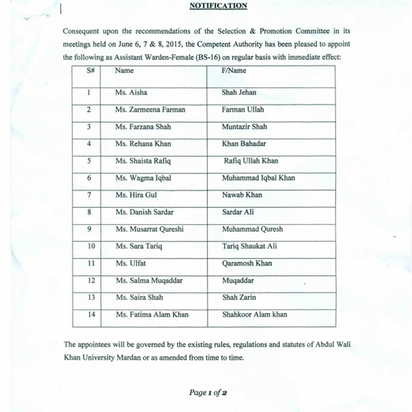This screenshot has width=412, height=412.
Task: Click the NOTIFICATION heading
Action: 218,6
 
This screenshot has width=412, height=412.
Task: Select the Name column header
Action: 124,71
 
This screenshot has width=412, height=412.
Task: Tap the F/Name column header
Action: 234,71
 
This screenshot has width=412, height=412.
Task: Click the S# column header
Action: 90,71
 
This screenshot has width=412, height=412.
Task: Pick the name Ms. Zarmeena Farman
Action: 150,109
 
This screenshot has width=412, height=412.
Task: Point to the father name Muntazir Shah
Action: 244,127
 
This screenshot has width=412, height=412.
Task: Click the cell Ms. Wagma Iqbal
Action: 143,178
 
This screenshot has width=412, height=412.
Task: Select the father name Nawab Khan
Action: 242,195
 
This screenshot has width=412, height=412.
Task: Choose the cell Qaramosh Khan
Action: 247,263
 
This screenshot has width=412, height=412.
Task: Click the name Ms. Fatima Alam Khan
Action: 152,314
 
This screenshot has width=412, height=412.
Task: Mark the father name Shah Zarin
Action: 239,297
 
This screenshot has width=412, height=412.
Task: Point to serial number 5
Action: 89,161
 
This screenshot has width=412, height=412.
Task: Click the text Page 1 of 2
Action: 208,392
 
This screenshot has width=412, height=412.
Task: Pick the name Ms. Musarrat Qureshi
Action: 149,229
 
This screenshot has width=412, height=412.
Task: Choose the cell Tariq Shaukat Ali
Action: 249,246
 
